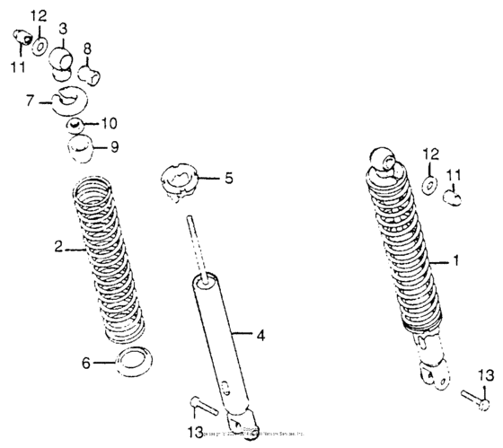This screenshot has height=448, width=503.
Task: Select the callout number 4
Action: click(x=260, y=336)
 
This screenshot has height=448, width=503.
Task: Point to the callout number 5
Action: click(x=228, y=179)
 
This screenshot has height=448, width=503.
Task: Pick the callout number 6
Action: click(x=87, y=364)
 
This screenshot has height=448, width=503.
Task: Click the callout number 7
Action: click(x=31, y=101)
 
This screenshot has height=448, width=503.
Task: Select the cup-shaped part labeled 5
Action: click(x=181, y=179)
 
